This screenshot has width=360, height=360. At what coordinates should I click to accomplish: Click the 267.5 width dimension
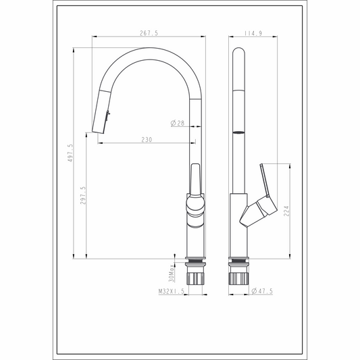(149, 33)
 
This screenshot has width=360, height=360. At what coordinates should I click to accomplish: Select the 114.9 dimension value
(253, 33)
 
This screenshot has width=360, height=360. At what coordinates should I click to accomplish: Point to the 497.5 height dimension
(70, 153)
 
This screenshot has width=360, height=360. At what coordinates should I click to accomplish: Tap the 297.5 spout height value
(83, 195)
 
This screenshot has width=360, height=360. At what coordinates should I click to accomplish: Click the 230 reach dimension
(147, 140)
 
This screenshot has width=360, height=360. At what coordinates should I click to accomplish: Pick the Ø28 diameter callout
(178, 123)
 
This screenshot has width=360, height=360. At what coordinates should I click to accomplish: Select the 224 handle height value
(286, 211)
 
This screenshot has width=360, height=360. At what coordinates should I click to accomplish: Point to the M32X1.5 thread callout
(172, 291)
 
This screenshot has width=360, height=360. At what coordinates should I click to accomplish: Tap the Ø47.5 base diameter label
(262, 291)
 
